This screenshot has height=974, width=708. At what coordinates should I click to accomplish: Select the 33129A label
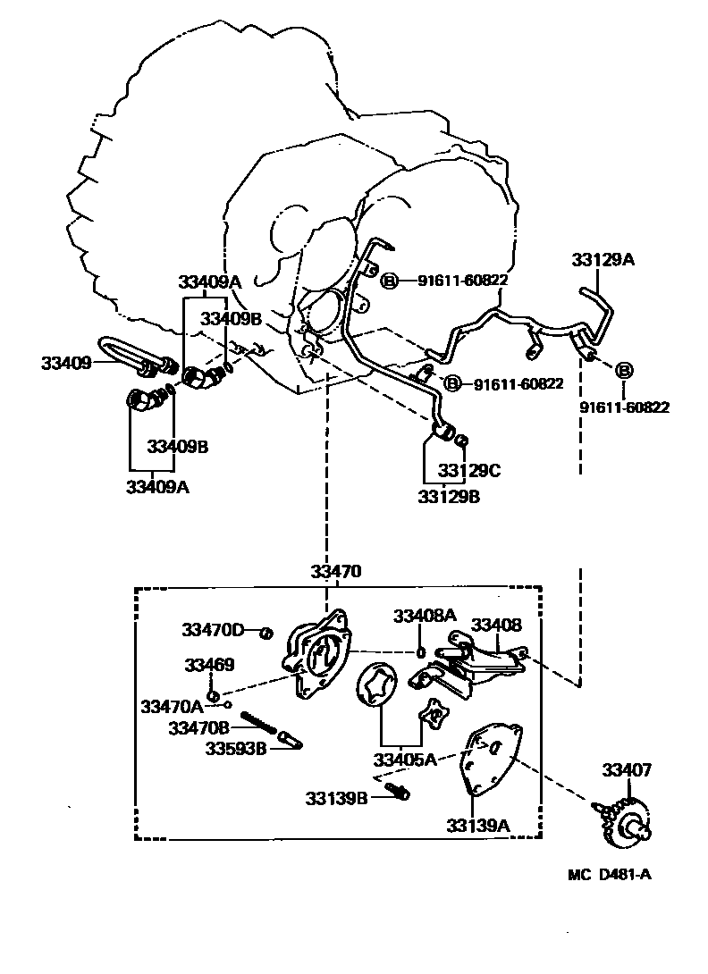(603, 260)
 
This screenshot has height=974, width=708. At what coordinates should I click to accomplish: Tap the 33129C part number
(468, 470)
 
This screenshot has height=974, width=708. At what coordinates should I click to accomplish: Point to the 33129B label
(449, 497)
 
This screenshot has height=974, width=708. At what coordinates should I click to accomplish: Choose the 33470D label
(213, 630)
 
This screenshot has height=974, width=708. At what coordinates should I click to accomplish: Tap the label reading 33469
(210, 665)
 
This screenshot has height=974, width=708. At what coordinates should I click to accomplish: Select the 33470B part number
(198, 727)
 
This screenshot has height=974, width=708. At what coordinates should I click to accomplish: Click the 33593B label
(236, 748)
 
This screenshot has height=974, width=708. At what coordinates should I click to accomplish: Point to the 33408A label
(426, 616)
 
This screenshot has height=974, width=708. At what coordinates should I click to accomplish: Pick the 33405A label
(405, 760)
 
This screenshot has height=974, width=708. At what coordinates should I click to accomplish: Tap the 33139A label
(478, 825)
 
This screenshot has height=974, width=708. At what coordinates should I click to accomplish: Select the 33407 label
(627, 769)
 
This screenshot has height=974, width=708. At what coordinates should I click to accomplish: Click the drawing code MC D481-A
(609, 874)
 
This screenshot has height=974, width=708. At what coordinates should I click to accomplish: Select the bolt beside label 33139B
(399, 791)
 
